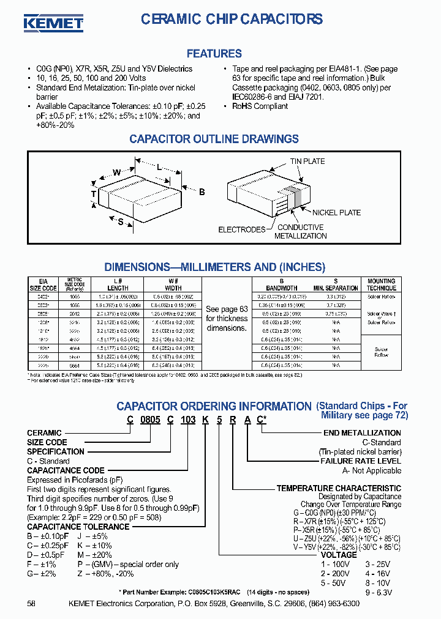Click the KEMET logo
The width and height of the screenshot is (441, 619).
pyautogui.click(x=53, y=23)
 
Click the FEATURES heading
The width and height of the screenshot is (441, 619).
pyautogui.click(x=214, y=54)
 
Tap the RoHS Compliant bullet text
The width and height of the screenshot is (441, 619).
pyautogui.click(x=260, y=106)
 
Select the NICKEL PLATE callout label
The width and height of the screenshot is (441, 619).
pyautogui.click(x=336, y=212)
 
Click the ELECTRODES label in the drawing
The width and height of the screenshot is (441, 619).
pyautogui.click(x=242, y=229)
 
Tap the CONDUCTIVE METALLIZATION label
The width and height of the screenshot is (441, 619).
pyautogui.click(x=300, y=231)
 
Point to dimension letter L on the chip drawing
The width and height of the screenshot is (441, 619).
pyautogui.click(x=159, y=167)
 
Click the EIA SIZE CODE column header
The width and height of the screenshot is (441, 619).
pyautogui.click(x=43, y=284)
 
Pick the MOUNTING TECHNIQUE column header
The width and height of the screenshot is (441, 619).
pyautogui.click(x=381, y=284)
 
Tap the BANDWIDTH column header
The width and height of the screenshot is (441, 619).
pyautogui.click(x=281, y=287)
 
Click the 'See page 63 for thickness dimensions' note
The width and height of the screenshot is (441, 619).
pyautogui.click(x=227, y=318)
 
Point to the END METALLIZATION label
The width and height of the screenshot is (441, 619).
pyautogui.click(x=362, y=432)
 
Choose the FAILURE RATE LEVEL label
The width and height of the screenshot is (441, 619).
pyautogui.click(x=361, y=461)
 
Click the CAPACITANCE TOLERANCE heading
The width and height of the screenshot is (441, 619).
pyautogui.click(x=78, y=526)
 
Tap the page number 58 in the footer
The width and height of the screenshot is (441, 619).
pyautogui.click(x=31, y=604)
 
